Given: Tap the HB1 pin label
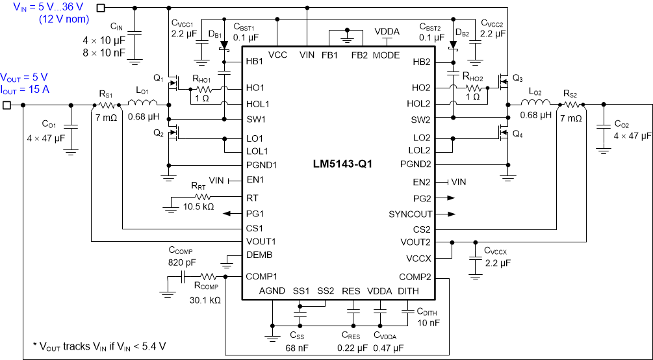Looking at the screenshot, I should (x=255, y=62).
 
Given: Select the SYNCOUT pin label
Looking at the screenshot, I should (x=409, y=214).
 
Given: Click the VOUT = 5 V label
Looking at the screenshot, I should (x=24, y=77).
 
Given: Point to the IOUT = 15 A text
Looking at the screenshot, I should (x=25, y=89).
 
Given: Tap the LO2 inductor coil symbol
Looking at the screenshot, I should (x=535, y=104).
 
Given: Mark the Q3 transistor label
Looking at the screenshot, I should (x=517, y=78).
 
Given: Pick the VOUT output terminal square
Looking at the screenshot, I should (x=7, y=105).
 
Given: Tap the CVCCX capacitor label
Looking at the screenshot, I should (x=498, y=251).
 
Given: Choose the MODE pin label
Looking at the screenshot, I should (x=386, y=55).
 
